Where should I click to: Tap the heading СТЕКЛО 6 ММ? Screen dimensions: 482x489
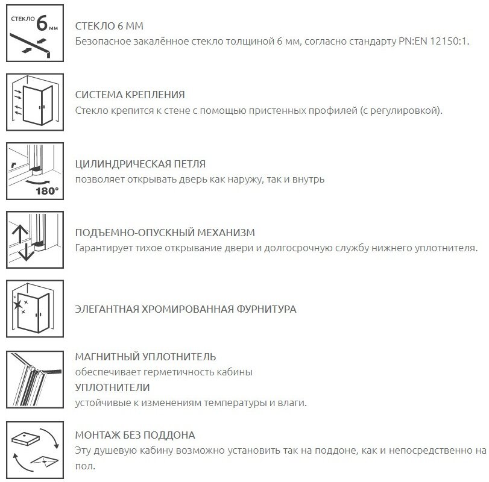(109, 27)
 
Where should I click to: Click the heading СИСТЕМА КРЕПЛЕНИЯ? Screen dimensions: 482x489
(130, 95)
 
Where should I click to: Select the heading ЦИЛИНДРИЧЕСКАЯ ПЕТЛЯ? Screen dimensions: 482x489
(140, 164)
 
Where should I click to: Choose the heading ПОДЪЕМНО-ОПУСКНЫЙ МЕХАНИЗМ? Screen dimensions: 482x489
(165, 233)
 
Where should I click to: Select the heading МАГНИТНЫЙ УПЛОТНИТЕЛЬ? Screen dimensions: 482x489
(145, 357)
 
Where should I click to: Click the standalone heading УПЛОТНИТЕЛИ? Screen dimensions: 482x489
(112, 387)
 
